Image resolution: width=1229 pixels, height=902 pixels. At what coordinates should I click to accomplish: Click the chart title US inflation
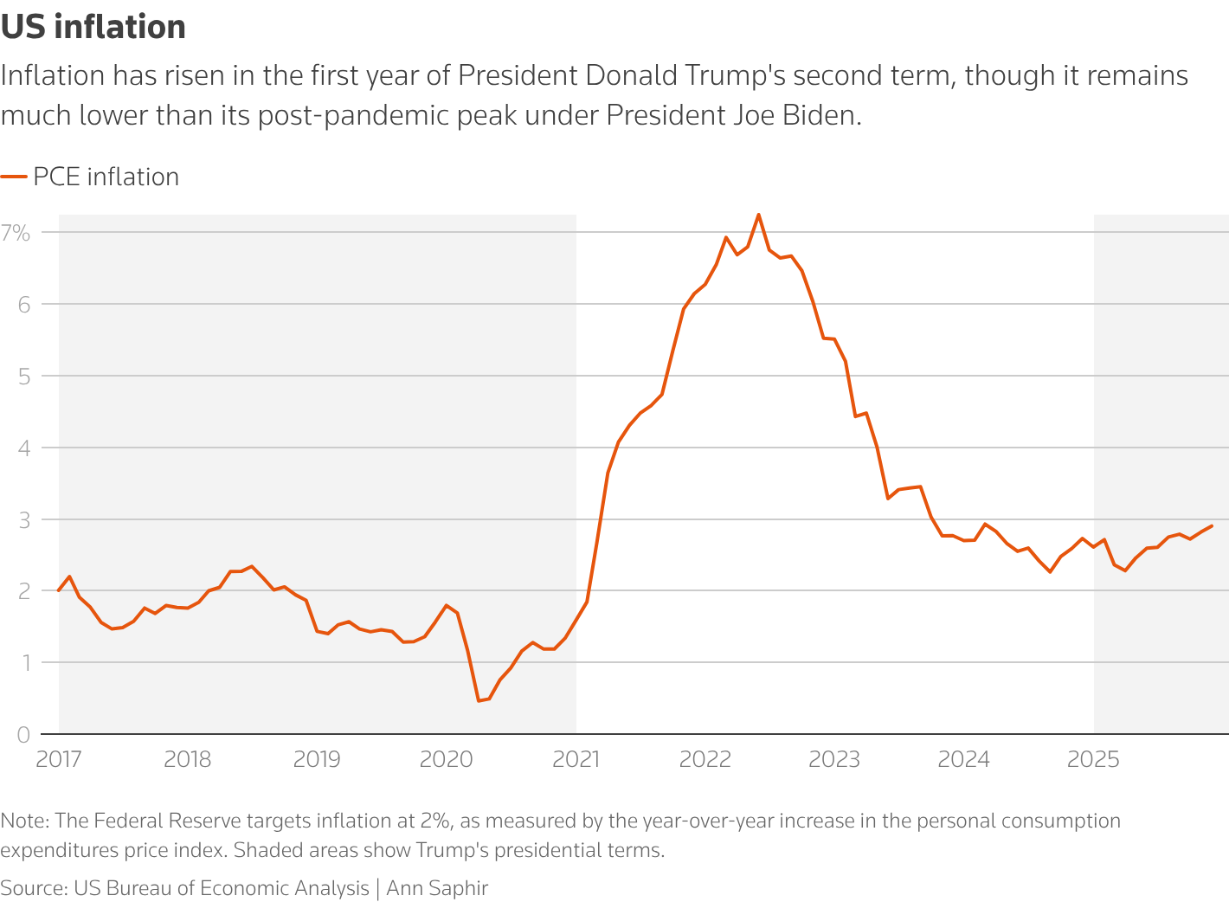pyautogui.click(x=93, y=27)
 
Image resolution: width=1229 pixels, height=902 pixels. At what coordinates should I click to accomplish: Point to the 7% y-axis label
pyautogui.click(x=16, y=232)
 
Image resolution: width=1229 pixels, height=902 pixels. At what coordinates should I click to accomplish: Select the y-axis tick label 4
pyautogui.click(x=23, y=448)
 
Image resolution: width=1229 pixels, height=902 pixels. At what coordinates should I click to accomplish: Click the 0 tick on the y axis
pyautogui.click(x=23, y=735)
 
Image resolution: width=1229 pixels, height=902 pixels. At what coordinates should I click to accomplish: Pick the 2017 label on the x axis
pyautogui.click(x=59, y=760)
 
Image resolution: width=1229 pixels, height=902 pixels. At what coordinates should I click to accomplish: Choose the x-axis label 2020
pyautogui.click(x=447, y=760)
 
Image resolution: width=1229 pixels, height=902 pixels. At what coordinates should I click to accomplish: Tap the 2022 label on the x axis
pyautogui.click(x=705, y=760)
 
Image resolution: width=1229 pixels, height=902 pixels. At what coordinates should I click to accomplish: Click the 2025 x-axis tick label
pyautogui.click(x=1093, y=760)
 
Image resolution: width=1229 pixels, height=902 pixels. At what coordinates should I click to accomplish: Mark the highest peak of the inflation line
pyautogui.click(x=758, y=215)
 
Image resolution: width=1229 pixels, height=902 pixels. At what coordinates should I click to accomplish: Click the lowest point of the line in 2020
pyautogui.click(x=479, y=700)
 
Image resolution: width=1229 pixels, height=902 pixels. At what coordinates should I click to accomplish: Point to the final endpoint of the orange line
pyautogui.click(x=1212, y=525)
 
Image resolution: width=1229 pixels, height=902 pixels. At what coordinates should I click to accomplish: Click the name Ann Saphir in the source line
pyautogui.click(x=437, y=888)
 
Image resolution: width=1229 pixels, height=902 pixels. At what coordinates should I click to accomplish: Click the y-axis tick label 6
pyautogui.click(x=23, y=304)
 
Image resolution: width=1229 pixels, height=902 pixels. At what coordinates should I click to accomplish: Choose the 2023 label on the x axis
pyautogui.click(x=834, y=760)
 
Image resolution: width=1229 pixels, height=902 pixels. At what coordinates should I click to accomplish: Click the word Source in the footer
pyautogui.click(x=32, y=888)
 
